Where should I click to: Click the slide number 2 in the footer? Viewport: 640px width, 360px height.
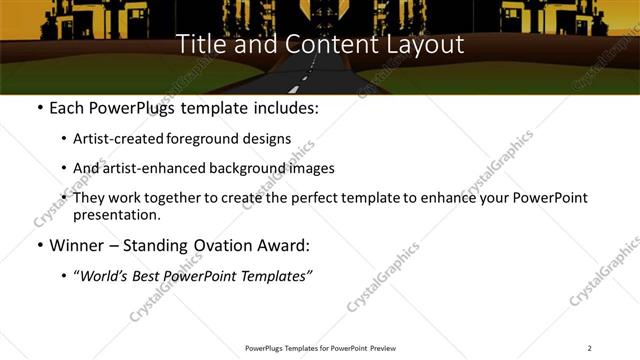click(x=589, y=348)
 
